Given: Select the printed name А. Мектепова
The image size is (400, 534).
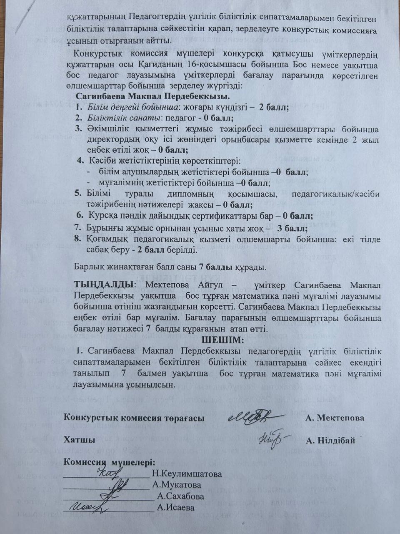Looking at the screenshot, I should (335, 418).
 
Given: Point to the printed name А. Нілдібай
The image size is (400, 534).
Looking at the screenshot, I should (330, 440).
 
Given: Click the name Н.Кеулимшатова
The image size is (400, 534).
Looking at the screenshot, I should (186, 474).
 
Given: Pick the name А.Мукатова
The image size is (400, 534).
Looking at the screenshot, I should (177, 485).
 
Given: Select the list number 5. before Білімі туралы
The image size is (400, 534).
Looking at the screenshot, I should (78, 194).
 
